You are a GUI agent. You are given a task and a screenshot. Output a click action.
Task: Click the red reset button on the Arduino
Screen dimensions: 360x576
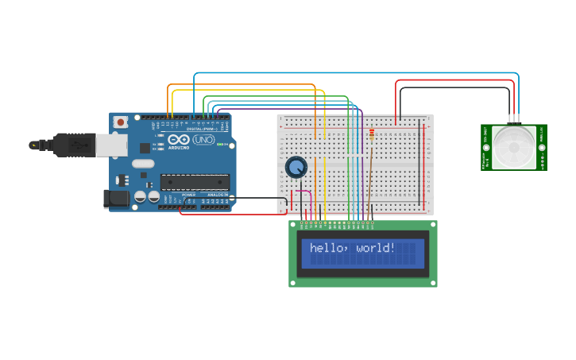point(120,122)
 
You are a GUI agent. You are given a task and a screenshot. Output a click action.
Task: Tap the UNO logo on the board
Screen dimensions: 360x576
point(203,140)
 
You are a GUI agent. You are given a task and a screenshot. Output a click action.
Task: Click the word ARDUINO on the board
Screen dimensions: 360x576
point(179,147)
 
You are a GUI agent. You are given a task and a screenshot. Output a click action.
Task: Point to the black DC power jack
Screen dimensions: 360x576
point(117,199)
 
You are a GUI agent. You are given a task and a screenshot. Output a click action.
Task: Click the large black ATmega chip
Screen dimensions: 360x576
point(195,182)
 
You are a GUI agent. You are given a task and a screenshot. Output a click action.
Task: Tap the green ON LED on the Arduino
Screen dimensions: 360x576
point(228,145)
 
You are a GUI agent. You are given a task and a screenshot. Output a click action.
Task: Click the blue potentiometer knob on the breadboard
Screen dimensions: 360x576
point(296,167)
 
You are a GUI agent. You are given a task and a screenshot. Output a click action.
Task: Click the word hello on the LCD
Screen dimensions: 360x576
point(327,248)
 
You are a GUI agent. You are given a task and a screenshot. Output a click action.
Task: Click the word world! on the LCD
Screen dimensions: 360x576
point(376,248)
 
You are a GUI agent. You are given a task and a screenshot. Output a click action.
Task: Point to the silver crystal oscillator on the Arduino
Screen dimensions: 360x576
point(142,164)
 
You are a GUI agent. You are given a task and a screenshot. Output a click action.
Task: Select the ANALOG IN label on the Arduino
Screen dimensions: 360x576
point(217,195)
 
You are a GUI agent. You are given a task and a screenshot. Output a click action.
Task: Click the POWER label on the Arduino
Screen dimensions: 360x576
point(188,195)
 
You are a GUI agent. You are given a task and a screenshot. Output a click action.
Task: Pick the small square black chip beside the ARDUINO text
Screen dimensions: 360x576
point(145,148)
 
